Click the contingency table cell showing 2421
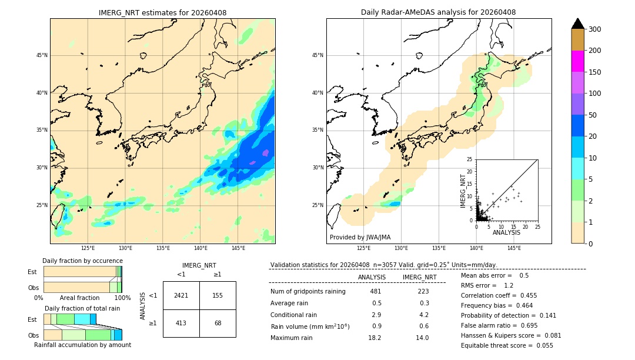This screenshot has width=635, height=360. coord(181,295)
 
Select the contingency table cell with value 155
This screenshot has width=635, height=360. coord(218,295)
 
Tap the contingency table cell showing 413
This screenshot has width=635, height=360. coord(181,323)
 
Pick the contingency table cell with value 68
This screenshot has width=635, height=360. coord(218,323)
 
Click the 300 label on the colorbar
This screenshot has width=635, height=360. coord(596,29)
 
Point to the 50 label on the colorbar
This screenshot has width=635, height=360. coord(593,115)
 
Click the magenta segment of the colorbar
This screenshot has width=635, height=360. coord(578,61)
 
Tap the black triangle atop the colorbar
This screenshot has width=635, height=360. coord(578,24)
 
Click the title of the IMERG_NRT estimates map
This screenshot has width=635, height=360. coord(162,12)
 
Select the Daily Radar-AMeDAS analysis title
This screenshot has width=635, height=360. coord(438,12)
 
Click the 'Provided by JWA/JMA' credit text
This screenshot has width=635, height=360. coord(360,237)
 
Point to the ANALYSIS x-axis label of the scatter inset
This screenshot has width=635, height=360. coord(506,233)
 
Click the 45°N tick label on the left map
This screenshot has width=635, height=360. coord(42,55)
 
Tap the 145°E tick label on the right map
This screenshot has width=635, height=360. coord(514,248)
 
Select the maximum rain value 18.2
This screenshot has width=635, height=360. coord(375,338)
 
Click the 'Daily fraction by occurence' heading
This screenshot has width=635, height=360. coord(82,261)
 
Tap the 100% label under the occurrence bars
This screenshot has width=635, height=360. coord(122,298)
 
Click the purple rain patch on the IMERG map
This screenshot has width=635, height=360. coord(265,153)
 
